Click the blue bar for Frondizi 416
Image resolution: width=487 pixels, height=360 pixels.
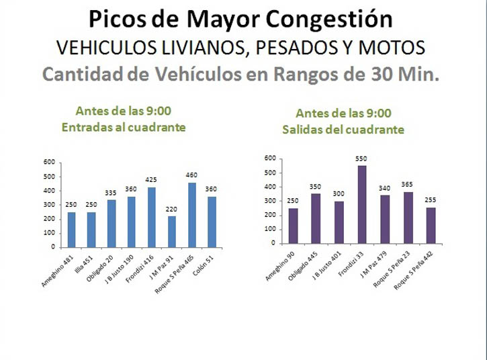pos(152,217)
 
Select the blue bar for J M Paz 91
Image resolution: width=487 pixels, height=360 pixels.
pos(172,231)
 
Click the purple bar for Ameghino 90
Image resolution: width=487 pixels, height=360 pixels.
pos(293,226)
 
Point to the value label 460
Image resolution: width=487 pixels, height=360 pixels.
pos(192,176)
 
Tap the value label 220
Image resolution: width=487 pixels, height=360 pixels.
pos(172,210)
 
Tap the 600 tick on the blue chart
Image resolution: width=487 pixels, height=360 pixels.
pos(49,162)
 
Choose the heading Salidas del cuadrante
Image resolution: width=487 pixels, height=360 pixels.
pos(352,130)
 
